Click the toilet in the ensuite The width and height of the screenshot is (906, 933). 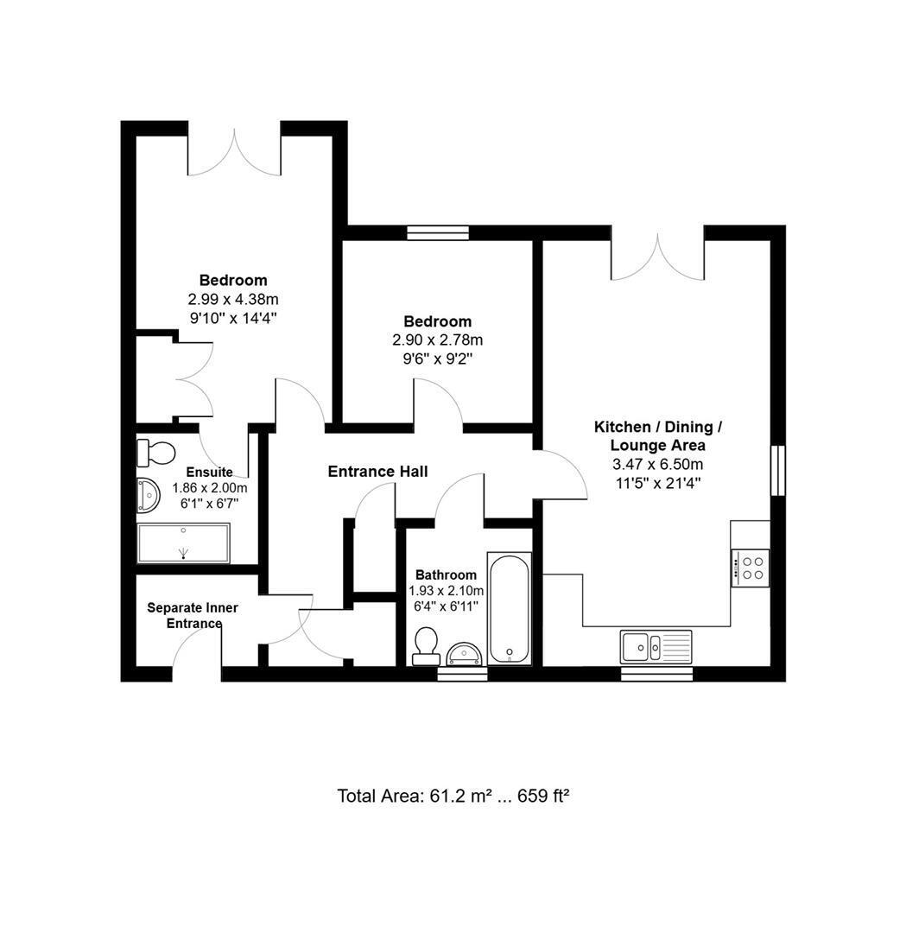point(155,454)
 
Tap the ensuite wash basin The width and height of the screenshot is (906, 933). point(149,496)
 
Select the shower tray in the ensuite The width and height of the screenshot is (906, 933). point(184,543)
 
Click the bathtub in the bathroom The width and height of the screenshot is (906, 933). point(510,609)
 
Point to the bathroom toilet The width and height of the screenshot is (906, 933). point(426,646)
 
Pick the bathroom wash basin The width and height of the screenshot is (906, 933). point(465,654)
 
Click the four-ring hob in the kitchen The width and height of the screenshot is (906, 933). point(751,568)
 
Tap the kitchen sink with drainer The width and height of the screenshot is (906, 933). point(656,647)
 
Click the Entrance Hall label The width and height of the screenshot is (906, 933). point(377,472)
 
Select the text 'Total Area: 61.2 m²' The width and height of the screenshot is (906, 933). point(415,796)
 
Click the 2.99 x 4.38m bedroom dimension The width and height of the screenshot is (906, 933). point(234,299)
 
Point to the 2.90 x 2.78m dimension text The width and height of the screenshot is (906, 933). point(438,340)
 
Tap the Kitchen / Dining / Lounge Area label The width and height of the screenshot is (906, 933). point(658,436)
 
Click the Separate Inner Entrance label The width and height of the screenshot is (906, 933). point(193,616)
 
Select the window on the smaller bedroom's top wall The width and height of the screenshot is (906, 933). point(438,232)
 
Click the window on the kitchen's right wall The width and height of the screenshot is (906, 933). point(778,470)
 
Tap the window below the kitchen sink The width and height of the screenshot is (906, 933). point(657,674)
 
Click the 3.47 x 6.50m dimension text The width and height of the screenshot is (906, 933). point(658,464)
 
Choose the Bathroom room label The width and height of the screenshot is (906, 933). point(447,575)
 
